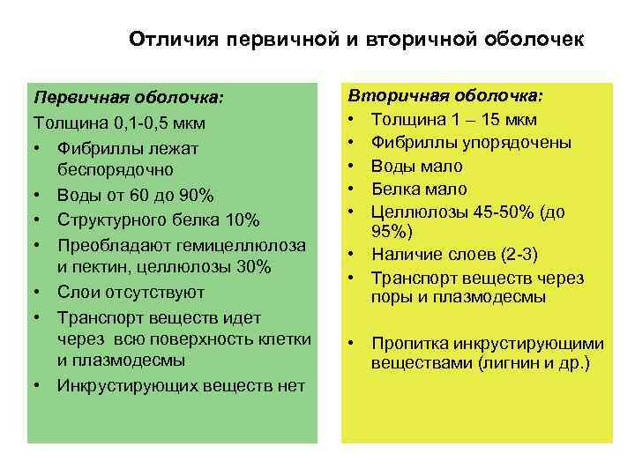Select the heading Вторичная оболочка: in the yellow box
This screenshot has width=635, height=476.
(446, 95)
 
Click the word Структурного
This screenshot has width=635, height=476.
(117, 218)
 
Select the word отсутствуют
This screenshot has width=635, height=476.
(151, 291)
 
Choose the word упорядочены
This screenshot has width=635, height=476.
(521, 143)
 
